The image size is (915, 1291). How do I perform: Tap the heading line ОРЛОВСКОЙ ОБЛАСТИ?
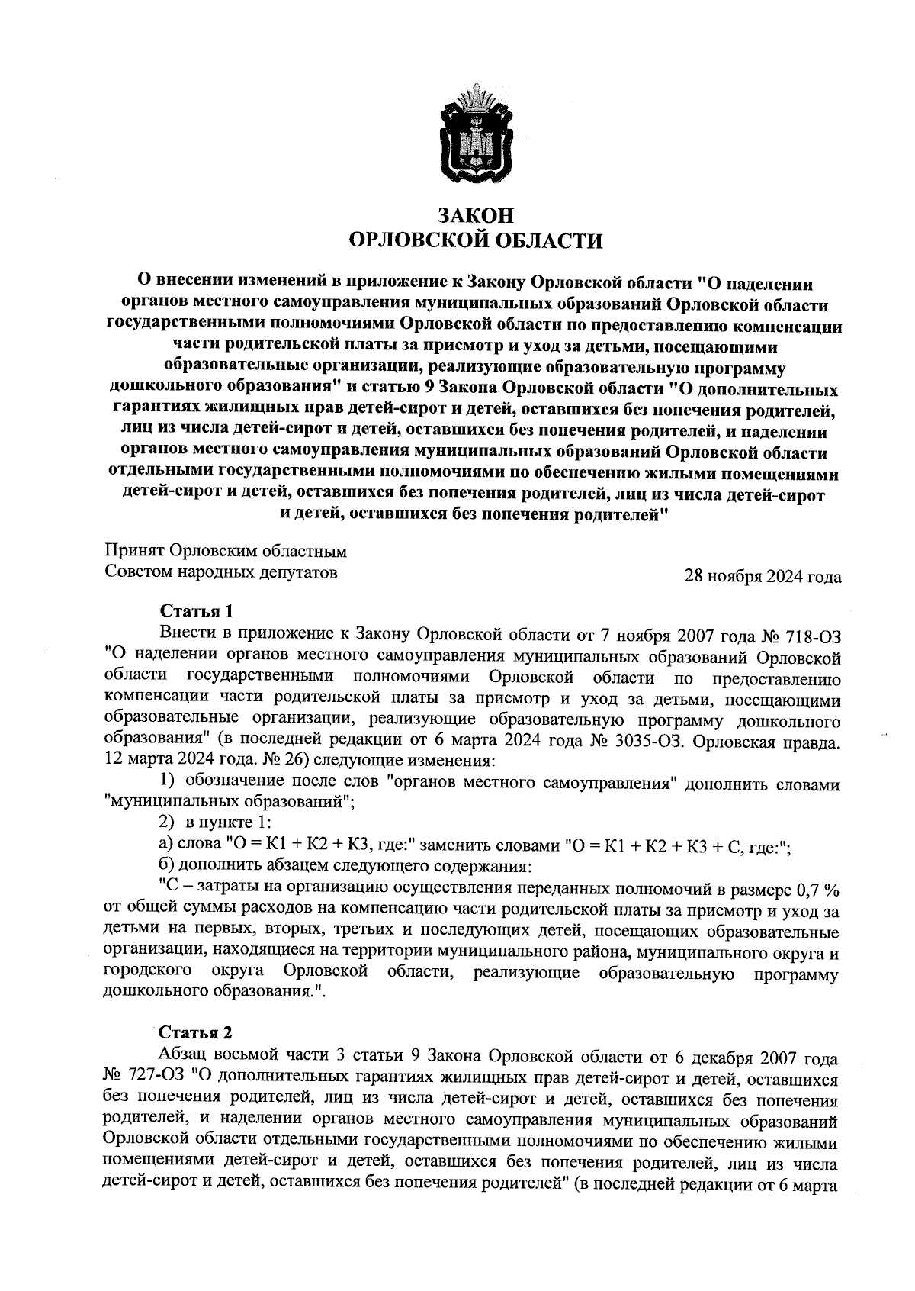click(x=475, y=242)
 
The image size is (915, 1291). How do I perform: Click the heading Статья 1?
click(x=195, y=612)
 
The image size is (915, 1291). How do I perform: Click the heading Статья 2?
click(x=195, y=1034)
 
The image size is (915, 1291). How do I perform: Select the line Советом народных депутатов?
click(x=220, y=571)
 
